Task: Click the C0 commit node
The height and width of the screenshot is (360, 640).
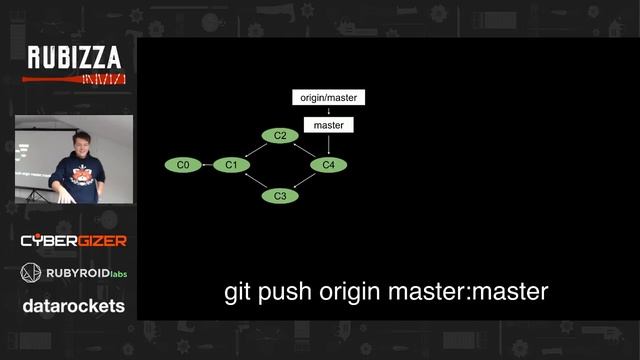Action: tap(183, 164)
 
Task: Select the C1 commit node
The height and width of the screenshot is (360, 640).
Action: tap(230, 164)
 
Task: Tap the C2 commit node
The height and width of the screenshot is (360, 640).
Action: tap(280, 135)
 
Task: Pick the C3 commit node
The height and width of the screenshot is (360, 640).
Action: tap(280, 195)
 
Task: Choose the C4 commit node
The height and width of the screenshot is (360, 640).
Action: tap(329, 164)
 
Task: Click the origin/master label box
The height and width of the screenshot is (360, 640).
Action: tap(328, 98)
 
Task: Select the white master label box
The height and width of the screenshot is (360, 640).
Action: tap(328, 125)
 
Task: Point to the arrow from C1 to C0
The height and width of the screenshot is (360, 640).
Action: tap(207, 164)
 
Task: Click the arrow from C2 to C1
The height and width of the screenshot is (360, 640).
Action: tap(255, 149)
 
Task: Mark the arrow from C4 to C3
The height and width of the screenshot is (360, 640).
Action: tap(305, 181)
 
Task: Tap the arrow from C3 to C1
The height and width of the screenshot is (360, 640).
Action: tap(255, 180)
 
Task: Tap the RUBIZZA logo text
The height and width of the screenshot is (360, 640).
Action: tap(74, 58)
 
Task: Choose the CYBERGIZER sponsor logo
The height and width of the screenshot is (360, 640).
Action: tap(74, 241)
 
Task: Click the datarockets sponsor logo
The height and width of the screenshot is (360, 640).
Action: tap(74, 306)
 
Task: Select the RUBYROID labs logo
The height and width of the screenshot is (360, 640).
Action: tap(74, 272)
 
